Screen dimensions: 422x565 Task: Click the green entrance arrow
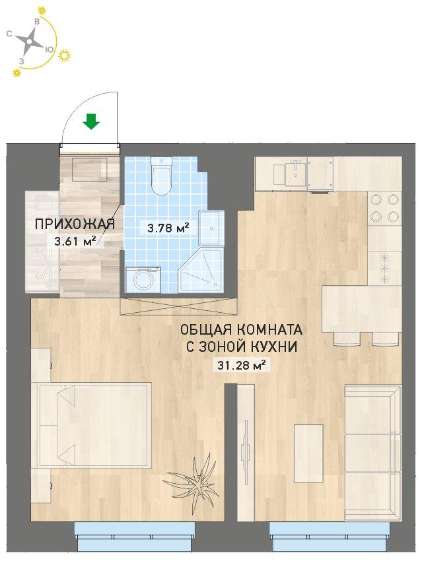click(91, 121)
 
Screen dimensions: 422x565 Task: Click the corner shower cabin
click(202, 268)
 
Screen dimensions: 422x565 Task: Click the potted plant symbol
click(193, 480)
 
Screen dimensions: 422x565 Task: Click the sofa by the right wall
click(372, 453)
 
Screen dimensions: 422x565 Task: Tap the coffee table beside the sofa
click(308, 453)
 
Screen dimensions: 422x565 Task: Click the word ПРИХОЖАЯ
click(75, 224)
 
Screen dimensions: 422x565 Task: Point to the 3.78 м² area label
click(168, 227)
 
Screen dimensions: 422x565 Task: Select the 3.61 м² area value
click(75, 241)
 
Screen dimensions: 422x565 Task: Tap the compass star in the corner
click(29, 40)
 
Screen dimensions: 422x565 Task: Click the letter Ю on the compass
click(50, 50)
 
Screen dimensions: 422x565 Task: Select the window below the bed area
click(135, 537)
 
